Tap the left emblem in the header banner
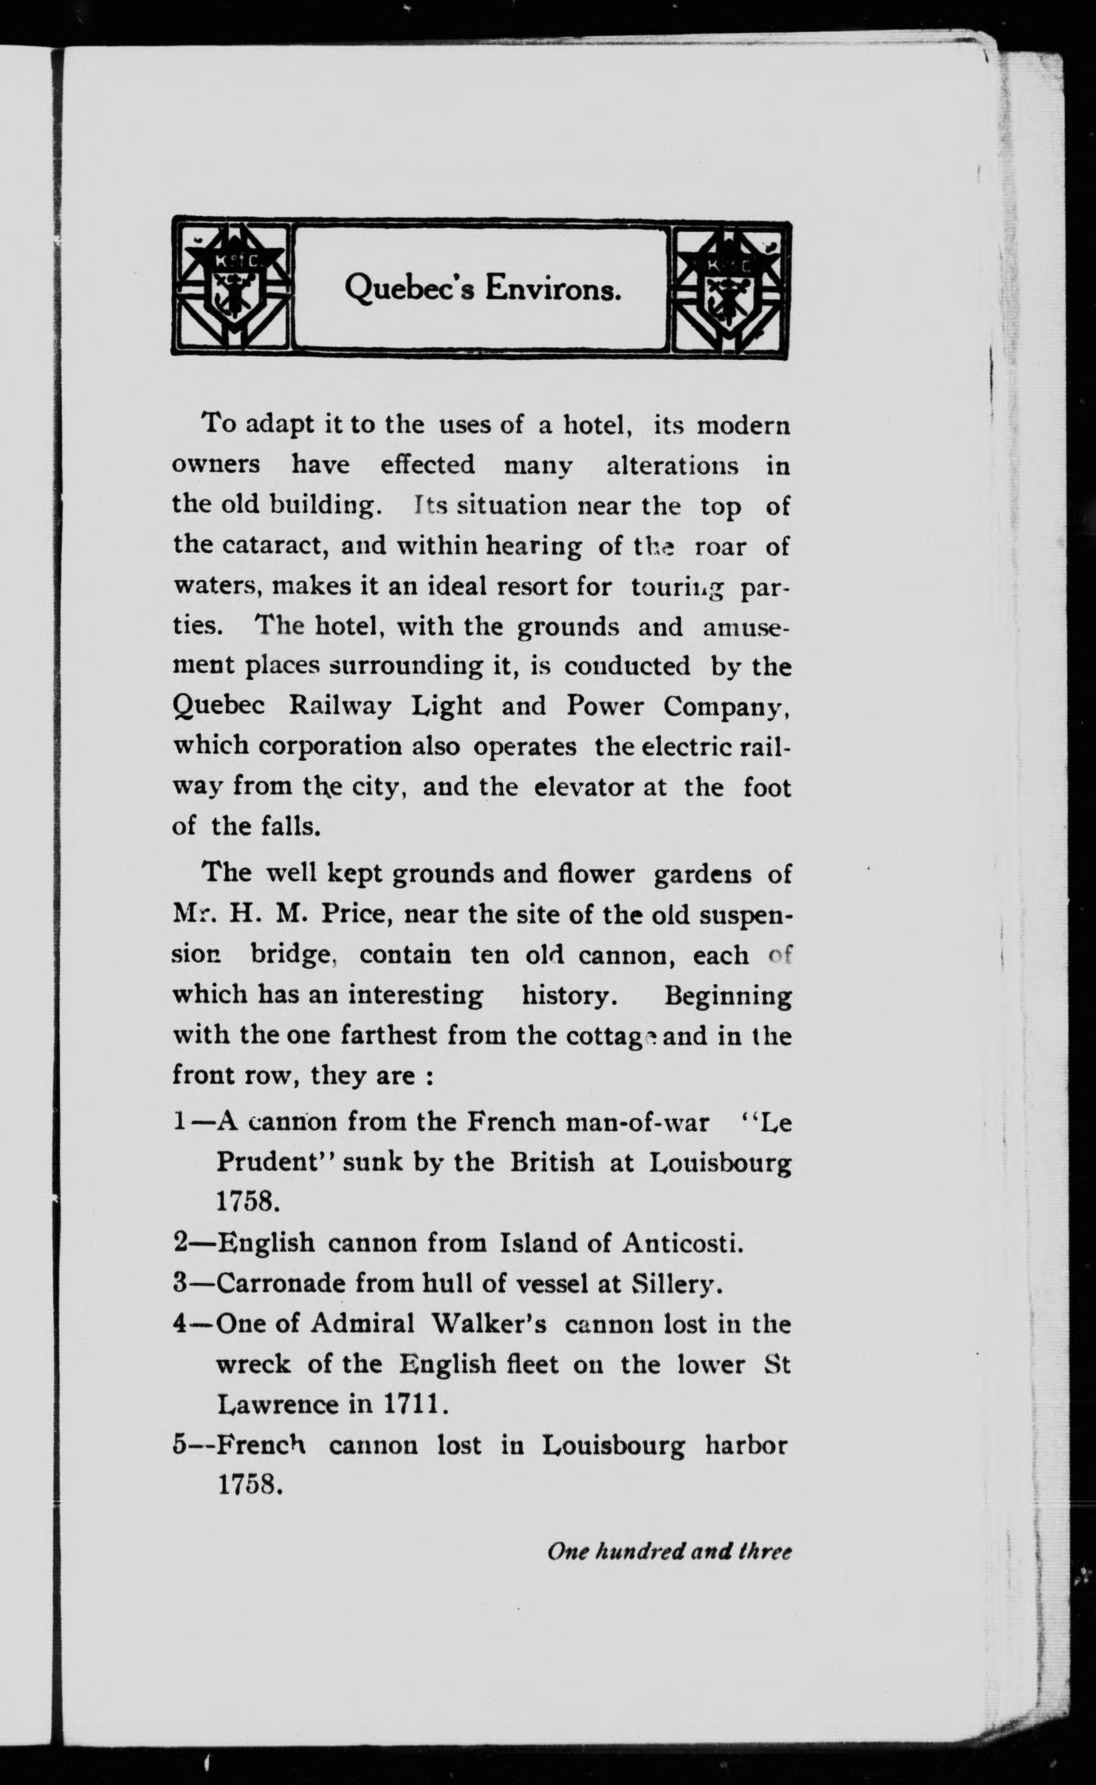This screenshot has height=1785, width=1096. click(232, 287)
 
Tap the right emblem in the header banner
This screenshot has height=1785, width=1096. click(729, 287)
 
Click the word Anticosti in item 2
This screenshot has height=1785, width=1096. click(682, 1242)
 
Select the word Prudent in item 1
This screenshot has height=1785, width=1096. click(274, 1162)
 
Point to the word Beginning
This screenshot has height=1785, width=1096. click(727, 996)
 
